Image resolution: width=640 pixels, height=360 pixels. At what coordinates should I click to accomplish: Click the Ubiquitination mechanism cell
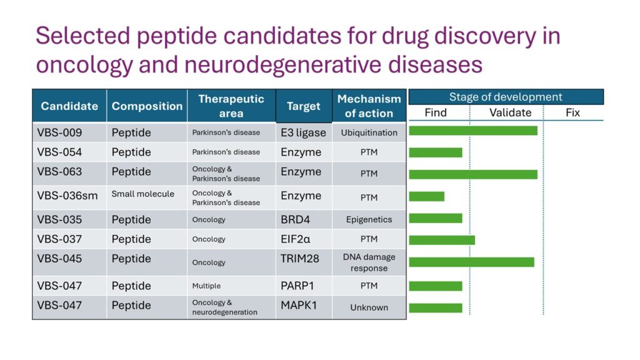point(369,132)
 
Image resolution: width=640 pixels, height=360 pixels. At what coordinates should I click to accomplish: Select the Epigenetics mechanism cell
point(369,219)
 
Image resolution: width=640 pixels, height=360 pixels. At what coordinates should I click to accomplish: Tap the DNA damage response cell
point(369,262)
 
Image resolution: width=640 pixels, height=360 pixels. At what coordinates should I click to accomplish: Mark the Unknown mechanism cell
point(369,307)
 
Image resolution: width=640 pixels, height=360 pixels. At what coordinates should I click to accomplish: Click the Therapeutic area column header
point(231,106)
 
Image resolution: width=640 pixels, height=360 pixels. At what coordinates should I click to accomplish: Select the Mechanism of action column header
point(369,106)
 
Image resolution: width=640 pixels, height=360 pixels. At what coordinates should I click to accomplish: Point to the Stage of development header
point(506,97)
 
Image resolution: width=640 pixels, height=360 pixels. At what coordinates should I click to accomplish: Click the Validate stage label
point(510,112)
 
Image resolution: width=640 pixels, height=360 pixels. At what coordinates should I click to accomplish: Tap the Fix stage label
point(572,112)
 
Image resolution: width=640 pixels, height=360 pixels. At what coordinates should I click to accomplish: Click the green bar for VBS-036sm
point(426,196)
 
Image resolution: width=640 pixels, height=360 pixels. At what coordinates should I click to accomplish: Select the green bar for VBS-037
point(442,240)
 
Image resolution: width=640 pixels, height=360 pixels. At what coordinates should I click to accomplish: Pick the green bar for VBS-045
point(471,262)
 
